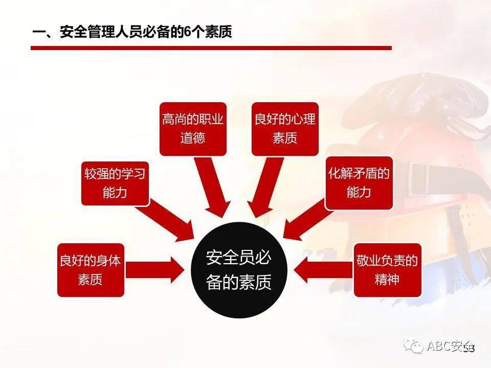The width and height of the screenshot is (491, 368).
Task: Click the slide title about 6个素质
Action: click(132, 33)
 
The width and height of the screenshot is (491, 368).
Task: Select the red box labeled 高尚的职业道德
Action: click(193, 129)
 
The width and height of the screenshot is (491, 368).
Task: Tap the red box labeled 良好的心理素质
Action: click(285, 129)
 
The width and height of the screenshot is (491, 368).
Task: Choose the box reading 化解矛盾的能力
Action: click(359, 183)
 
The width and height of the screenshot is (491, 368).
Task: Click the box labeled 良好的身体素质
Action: click(91, 270)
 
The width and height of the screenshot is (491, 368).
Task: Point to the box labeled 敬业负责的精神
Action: click(387, 270)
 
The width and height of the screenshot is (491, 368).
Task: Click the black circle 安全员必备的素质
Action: click(239, 270)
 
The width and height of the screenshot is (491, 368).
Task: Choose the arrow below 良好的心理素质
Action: click(263, 187)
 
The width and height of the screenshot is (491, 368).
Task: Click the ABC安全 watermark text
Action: click(448, 347)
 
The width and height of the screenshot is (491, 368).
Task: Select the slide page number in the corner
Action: click(470, 349)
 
